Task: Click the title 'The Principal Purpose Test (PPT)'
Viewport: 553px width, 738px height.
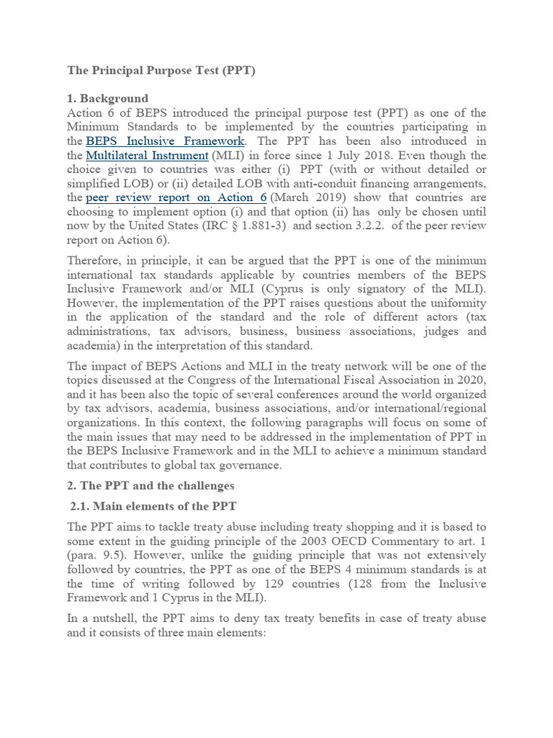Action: pyautogui.click(x=161, y=71)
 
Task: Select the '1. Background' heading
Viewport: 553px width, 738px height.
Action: pyautogui.click(x=107, y=99)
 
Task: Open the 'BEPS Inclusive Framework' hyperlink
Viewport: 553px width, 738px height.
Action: pyautogui.click(x=165, y=141)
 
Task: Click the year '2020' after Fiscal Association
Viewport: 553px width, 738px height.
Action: pyautogui.click(x=471, y=380)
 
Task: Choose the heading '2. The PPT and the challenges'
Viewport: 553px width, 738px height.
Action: pyautogui.click(x=150, y=486)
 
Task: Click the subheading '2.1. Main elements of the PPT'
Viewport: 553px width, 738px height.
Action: pyautogui.click(x=153, y=507)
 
